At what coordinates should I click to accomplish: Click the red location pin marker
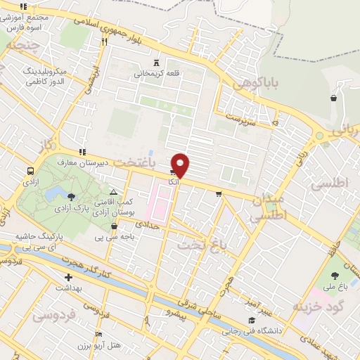pos(181,165)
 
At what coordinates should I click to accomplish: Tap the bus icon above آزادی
pos(30,171)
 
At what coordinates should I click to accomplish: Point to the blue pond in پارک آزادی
pos(71,195)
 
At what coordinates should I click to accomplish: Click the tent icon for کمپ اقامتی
pos(114,191)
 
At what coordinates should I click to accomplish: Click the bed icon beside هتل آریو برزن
pos(98,334)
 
